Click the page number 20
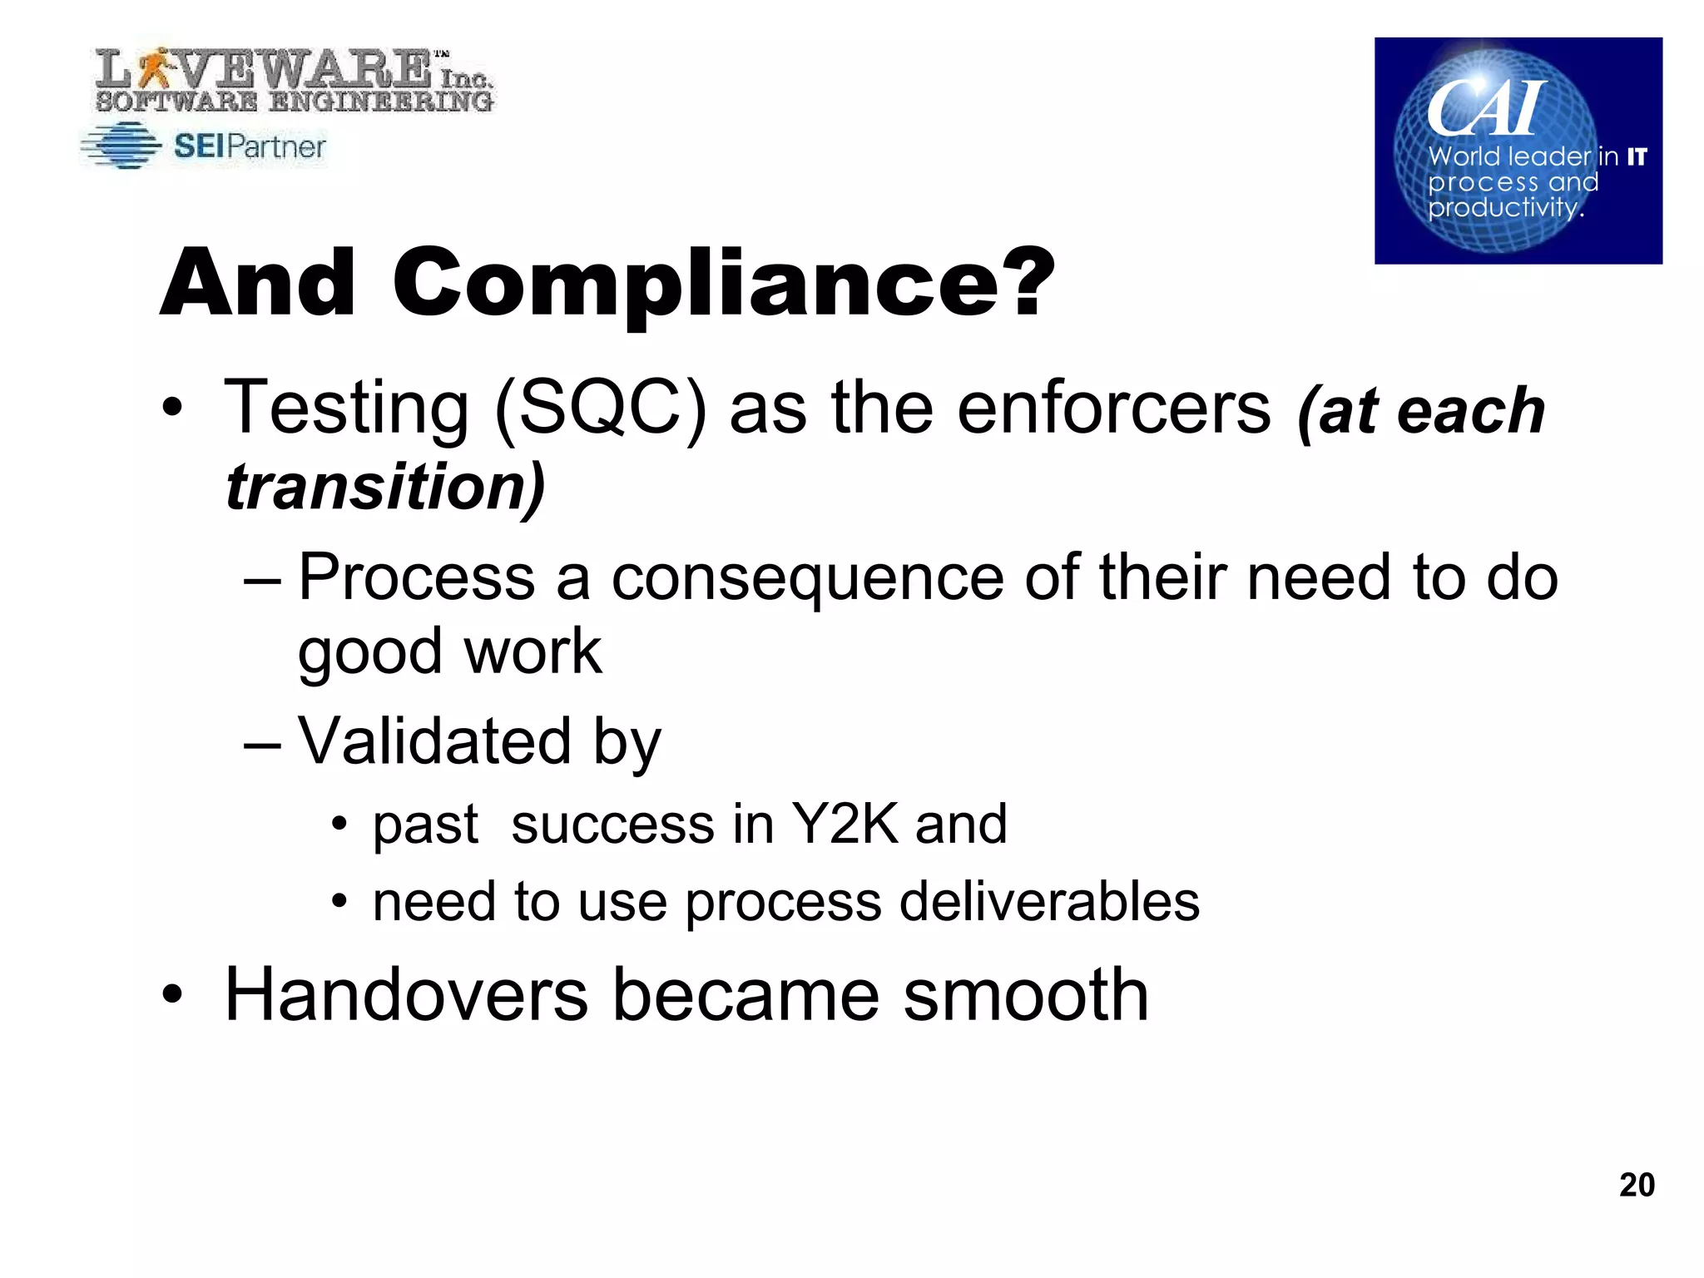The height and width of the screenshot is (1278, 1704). pos(1636,1184)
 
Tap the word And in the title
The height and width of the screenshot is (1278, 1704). pos(258,284)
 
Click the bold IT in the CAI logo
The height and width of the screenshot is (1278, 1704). pos(1637,156)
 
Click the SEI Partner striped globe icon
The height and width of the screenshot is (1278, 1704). pos(122,146)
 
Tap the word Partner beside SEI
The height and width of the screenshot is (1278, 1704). pos(275,146)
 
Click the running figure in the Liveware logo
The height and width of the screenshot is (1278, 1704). pos(152,68)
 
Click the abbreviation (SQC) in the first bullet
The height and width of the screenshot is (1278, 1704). pos(600,408)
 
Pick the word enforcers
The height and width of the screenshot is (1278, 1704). pos(1114,408)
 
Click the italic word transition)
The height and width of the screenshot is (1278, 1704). pos(385,487)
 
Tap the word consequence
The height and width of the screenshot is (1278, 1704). pos(807,577)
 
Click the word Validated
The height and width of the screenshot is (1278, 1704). pos(434,741)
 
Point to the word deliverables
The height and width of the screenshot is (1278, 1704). pos(1049,902)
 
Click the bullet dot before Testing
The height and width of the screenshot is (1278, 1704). pos(172,409)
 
